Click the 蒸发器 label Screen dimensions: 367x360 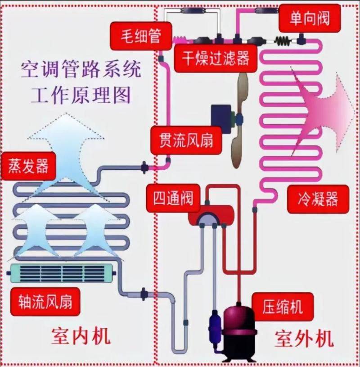(26, 166)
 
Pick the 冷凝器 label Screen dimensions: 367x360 (317, 198)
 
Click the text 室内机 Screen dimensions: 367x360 (80, 337)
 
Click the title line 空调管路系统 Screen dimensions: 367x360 (81, 70)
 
